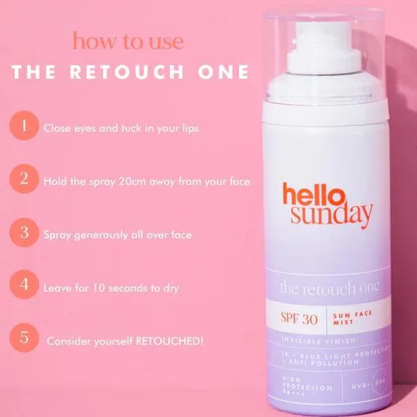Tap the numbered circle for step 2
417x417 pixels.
point(24,180)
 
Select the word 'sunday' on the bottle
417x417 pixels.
point(328,215)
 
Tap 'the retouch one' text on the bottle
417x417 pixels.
point(329,288)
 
